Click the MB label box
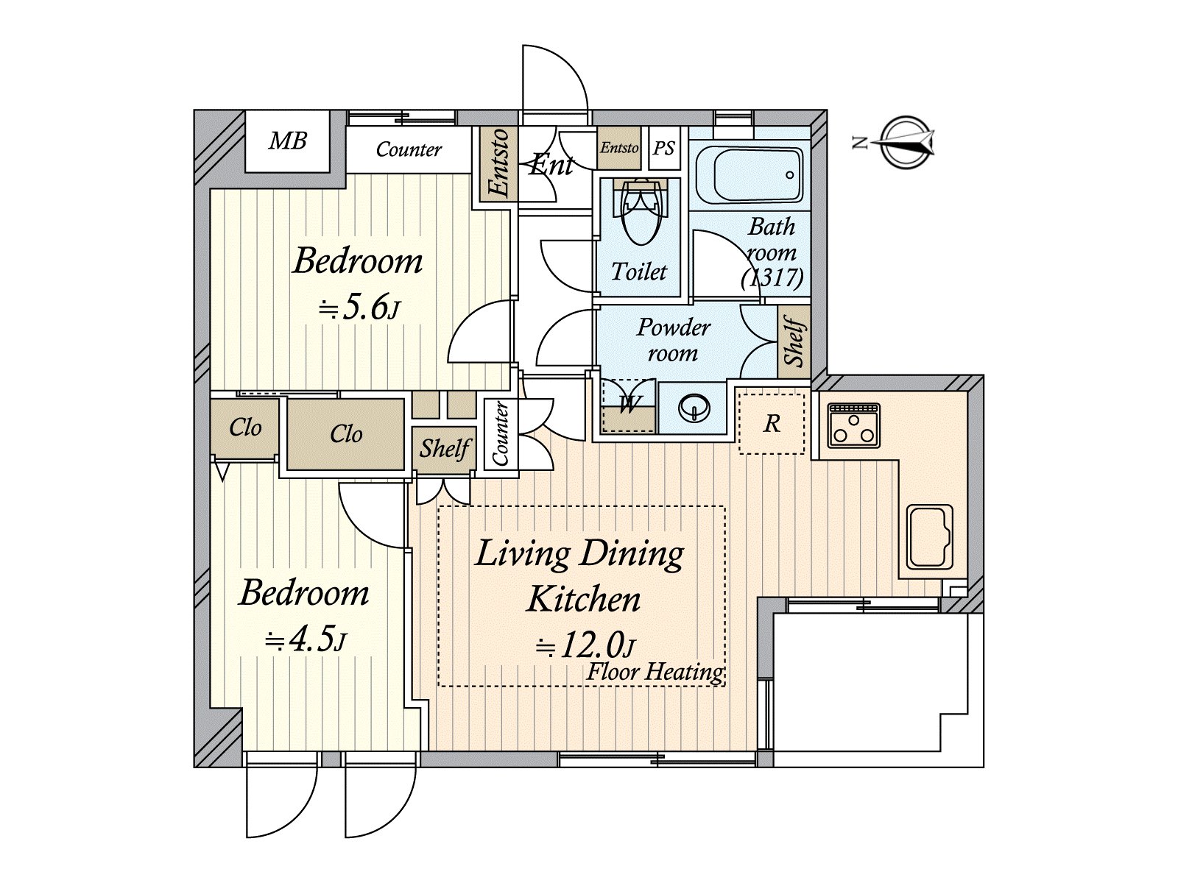(288, 141)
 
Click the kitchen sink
(930, 536)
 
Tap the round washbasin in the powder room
(694, 408)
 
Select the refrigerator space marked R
(772, 424)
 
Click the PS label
(663, 149)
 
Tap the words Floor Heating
(655, 672)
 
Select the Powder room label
(673, 341)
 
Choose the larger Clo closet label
(345, 433)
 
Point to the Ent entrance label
(551, 165)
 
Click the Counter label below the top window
(409, 149)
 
